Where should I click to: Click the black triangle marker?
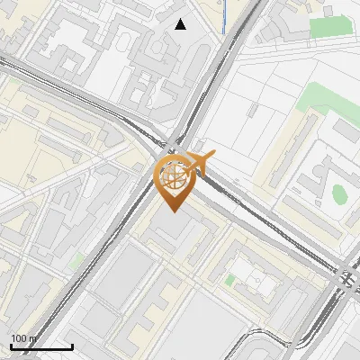click(x=181, y=24)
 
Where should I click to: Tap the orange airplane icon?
click(x=201, y=166)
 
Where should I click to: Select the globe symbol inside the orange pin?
click(x=174, y=174)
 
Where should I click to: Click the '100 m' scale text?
click(x=23, y=338)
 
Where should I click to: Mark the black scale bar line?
click(x=41, y=346)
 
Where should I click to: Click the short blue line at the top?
click(x=222, y=18)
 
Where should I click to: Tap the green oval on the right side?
click(x=339, y=193)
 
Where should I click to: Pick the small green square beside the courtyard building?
click(x=229, y=281)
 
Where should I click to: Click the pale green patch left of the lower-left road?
click(x=77, y=261)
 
